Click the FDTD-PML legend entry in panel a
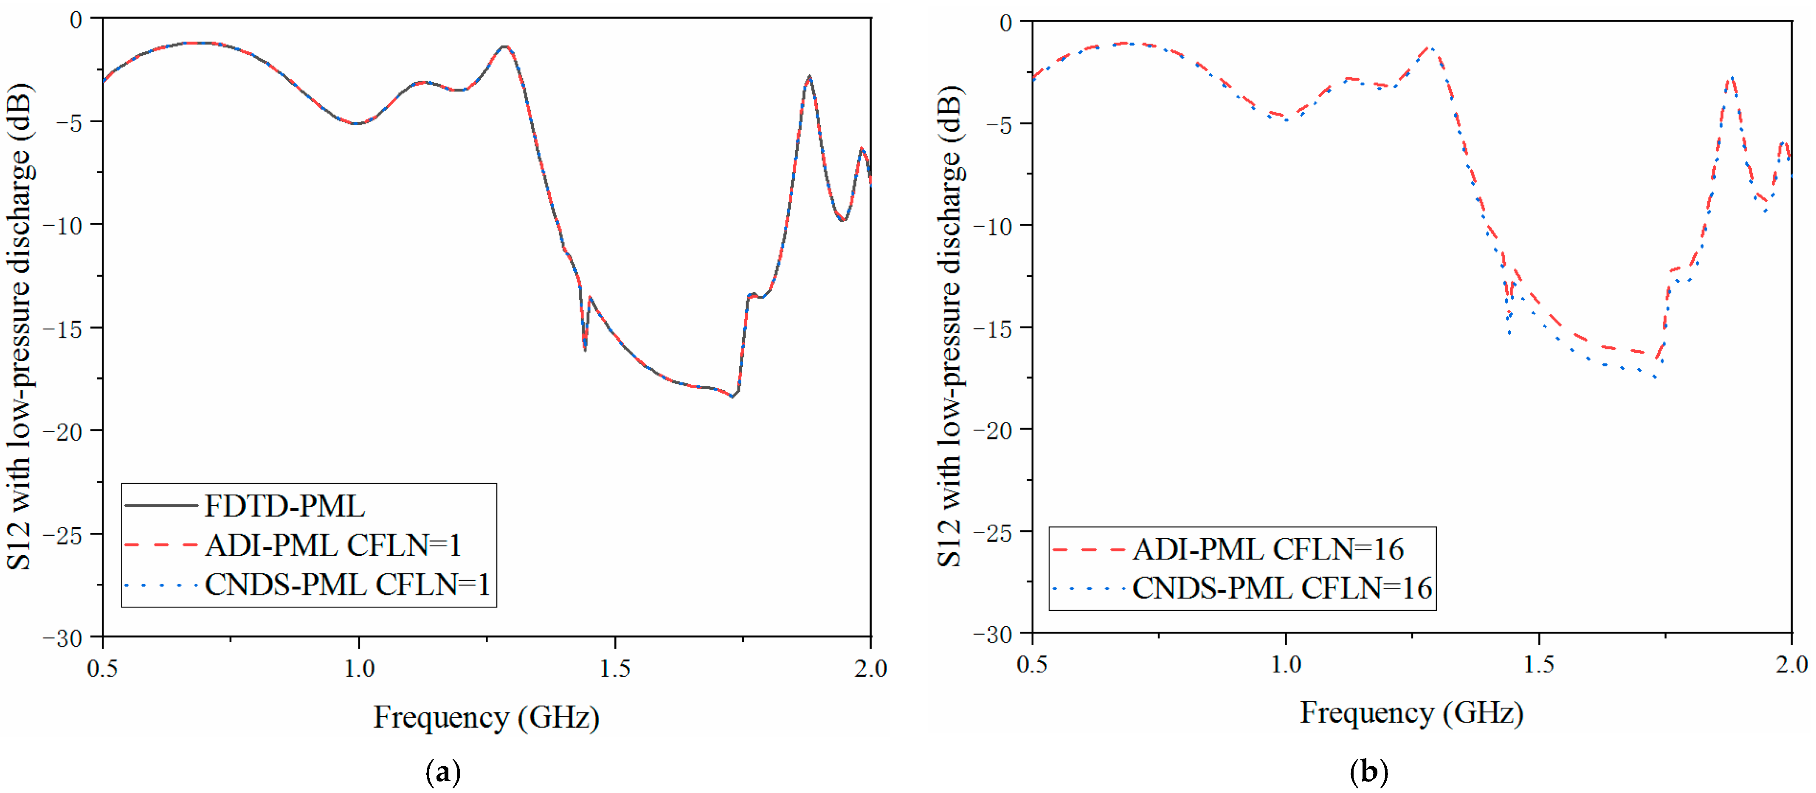click(284, 506)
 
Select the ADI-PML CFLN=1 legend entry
click(333, 546)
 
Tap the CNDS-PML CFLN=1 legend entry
click(347, 585)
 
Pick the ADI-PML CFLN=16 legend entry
click(1267, 549)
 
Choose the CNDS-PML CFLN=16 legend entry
click(1281, 588)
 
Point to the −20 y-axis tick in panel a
click(63, 431)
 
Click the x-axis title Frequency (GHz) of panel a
click(487, 717)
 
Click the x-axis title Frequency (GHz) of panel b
click(1411, 713)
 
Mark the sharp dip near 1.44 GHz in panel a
click(584, 349)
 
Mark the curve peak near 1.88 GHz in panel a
click(809, 76)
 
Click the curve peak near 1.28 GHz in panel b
click(1431, 48)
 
